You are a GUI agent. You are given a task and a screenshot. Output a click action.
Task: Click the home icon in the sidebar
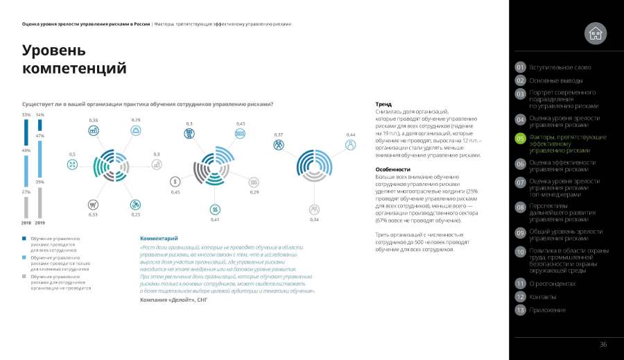[x=595, y=32]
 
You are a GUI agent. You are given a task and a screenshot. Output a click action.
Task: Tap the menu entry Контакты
[x=542, y=297]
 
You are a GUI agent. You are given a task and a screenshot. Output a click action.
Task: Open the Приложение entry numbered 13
[x=547, y=310]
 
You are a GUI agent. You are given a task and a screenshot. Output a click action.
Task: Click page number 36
[x=603, y=345]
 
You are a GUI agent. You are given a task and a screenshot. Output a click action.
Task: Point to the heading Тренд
[x=383, y=104]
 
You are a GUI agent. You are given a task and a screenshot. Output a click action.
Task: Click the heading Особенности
[x=392, y=169]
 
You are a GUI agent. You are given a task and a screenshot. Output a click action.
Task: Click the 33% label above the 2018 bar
[x=26, y=114]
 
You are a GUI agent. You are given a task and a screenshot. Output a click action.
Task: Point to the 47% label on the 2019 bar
[x=40, y=136]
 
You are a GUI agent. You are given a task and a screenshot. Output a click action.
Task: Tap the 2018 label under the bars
[x=26, y=223]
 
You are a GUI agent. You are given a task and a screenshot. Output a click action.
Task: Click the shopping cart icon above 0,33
[x=92, y=205]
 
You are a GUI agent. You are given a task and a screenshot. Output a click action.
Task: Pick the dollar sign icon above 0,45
[x=176, y=182]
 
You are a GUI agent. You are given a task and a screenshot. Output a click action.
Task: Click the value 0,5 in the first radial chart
[x=72, y=154]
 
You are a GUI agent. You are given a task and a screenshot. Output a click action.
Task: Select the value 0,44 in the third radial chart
[x=351, y=135]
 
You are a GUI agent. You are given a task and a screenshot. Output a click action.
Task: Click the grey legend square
[x=24, y=276]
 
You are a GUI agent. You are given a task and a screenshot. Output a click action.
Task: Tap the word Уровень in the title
[x=54, y=50]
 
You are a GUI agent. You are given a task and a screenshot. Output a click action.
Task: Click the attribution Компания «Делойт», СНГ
[x=174, y=300]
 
